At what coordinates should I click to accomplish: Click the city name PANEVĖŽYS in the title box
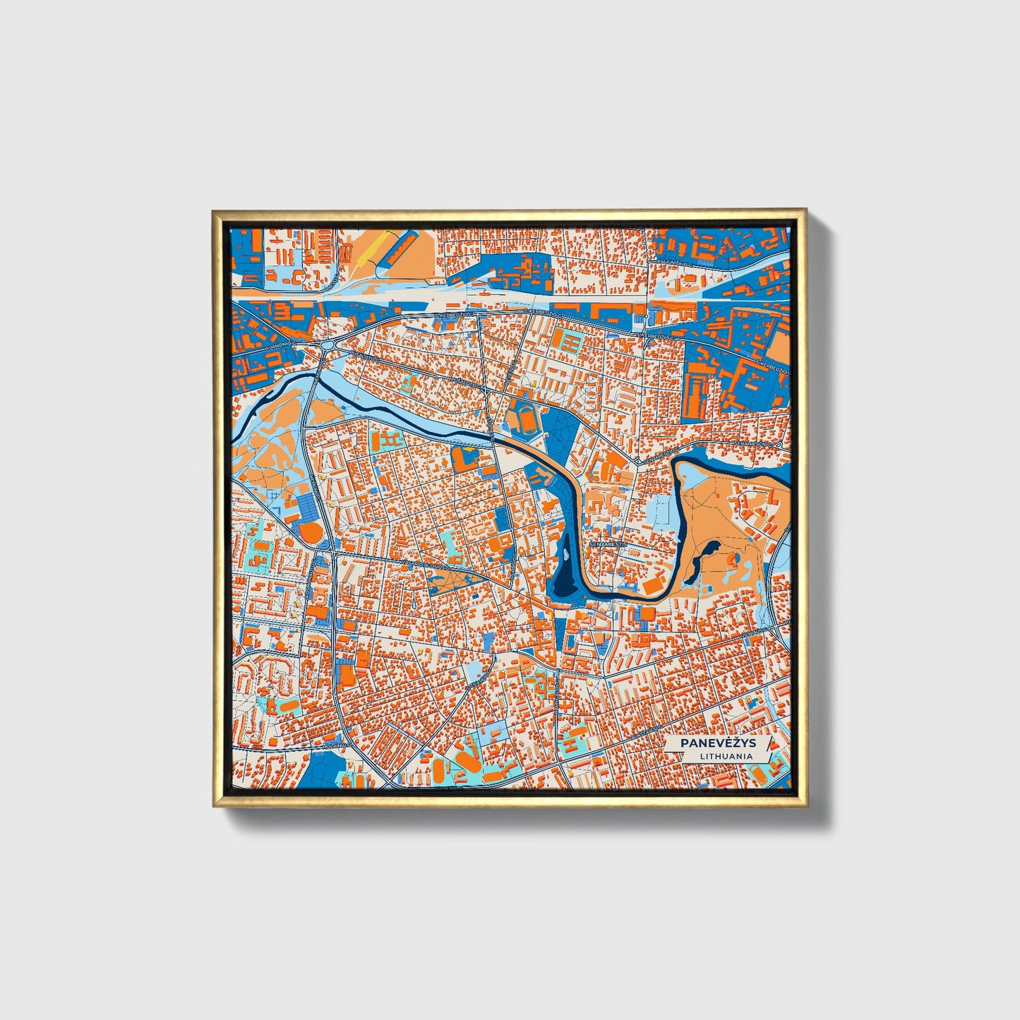pos(716,743)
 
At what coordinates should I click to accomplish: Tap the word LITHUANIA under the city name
pos(726,756)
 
